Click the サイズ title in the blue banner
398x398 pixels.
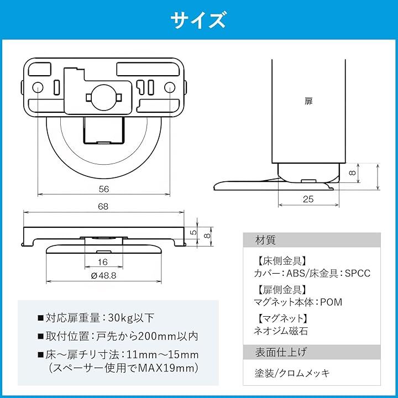coord(198,20)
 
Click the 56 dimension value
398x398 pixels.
coord(103,189)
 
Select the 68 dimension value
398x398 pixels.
coord(103,206)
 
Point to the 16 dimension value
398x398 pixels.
coord(103,262)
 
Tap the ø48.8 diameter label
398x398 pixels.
coord(103,275)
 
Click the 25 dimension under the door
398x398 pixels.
coord(308,199)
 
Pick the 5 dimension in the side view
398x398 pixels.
coord(193,232)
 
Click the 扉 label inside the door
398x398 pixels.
coord(308,101)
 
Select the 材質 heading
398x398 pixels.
coord(265,240)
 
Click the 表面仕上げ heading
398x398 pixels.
coord(281,352)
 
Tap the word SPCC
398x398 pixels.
coord(358,274)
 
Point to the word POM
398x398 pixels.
coord(331,302)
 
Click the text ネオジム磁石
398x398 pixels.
coord(281,331)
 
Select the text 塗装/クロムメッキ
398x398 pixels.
coord(292,373)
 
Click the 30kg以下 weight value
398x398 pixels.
coord(131,318)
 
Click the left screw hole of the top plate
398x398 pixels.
coord(38,87)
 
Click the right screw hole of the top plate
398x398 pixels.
coord(170,87)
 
